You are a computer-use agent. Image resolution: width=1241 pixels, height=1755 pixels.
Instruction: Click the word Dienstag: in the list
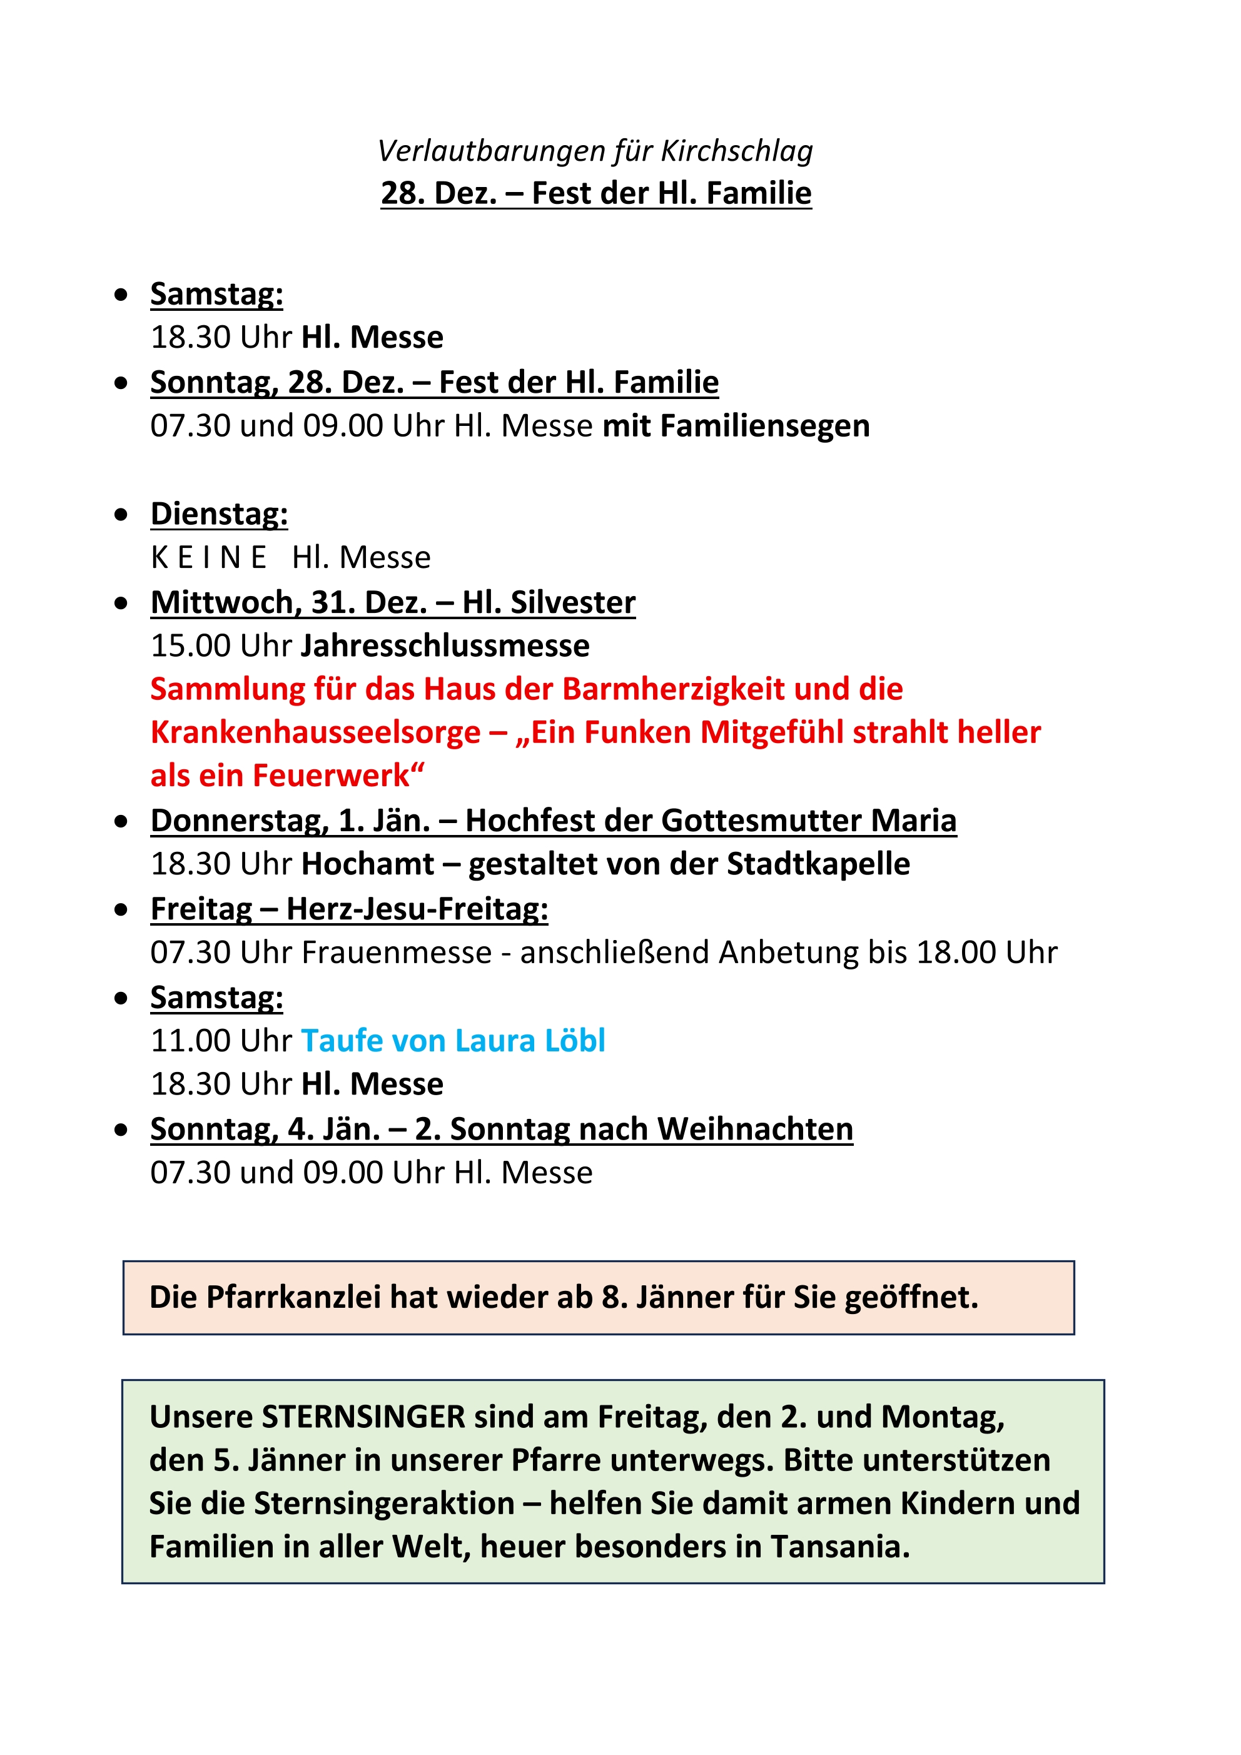(219, 513)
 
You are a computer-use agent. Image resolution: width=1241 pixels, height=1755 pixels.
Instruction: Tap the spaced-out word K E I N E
(208, 557)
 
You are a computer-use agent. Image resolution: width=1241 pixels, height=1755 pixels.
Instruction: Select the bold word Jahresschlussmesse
(445, 646)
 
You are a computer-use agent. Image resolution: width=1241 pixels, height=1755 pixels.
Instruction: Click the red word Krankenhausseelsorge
(315, 732)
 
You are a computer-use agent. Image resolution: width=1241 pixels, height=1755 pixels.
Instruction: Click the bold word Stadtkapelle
(818, 864)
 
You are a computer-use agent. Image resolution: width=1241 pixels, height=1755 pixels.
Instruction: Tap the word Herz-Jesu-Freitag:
(417, 909)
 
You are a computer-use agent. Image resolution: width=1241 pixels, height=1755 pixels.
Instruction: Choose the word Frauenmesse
(396, 953)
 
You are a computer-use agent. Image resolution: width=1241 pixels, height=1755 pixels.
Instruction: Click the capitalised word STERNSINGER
(363, 1417)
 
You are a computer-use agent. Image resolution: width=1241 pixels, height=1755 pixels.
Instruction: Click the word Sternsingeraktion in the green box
(384, 1504)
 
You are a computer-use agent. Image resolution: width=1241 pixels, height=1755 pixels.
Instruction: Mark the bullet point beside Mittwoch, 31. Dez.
(121, 603)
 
